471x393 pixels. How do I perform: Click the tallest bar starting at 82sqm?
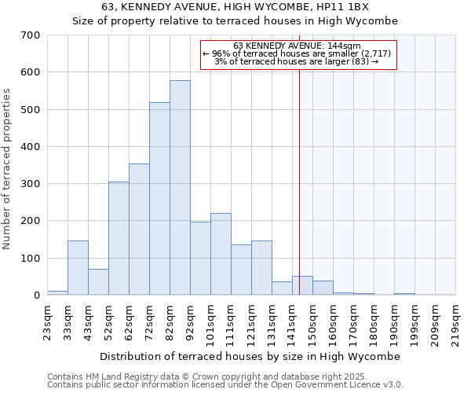pos(180,188)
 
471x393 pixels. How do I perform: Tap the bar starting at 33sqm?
pos(78,268)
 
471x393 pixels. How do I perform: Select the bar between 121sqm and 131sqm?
pos(261,268)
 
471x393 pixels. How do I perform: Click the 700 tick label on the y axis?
pos(31,35)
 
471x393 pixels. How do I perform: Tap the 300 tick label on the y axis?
pos(31,184)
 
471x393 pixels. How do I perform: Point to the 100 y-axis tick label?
pos(31,259)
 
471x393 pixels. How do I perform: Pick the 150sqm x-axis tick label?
pos(313,321)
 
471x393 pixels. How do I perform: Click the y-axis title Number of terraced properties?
pos(7,169)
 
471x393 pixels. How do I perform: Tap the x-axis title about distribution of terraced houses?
pos(251,356)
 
